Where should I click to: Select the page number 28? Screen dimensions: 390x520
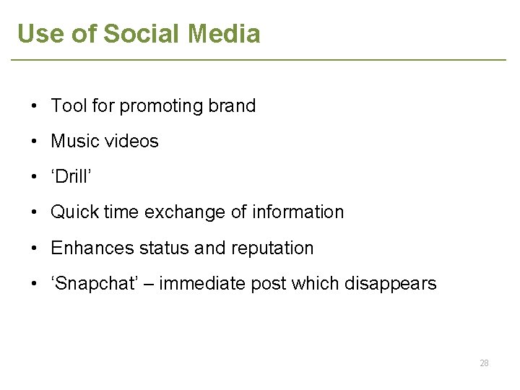pos(484,363)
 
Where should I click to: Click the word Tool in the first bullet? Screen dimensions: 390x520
pos(69,106)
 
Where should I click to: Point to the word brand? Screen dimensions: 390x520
pos(232,106)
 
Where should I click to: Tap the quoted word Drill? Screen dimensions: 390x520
pos(72,177)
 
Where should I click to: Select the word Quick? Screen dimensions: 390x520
pos(74,212)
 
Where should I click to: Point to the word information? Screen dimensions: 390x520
pos(298,212)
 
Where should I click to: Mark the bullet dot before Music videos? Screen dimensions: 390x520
pos(35,142)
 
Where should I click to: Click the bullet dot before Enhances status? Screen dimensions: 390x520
pos(35,248)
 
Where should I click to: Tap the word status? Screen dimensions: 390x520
pos(165,248)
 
